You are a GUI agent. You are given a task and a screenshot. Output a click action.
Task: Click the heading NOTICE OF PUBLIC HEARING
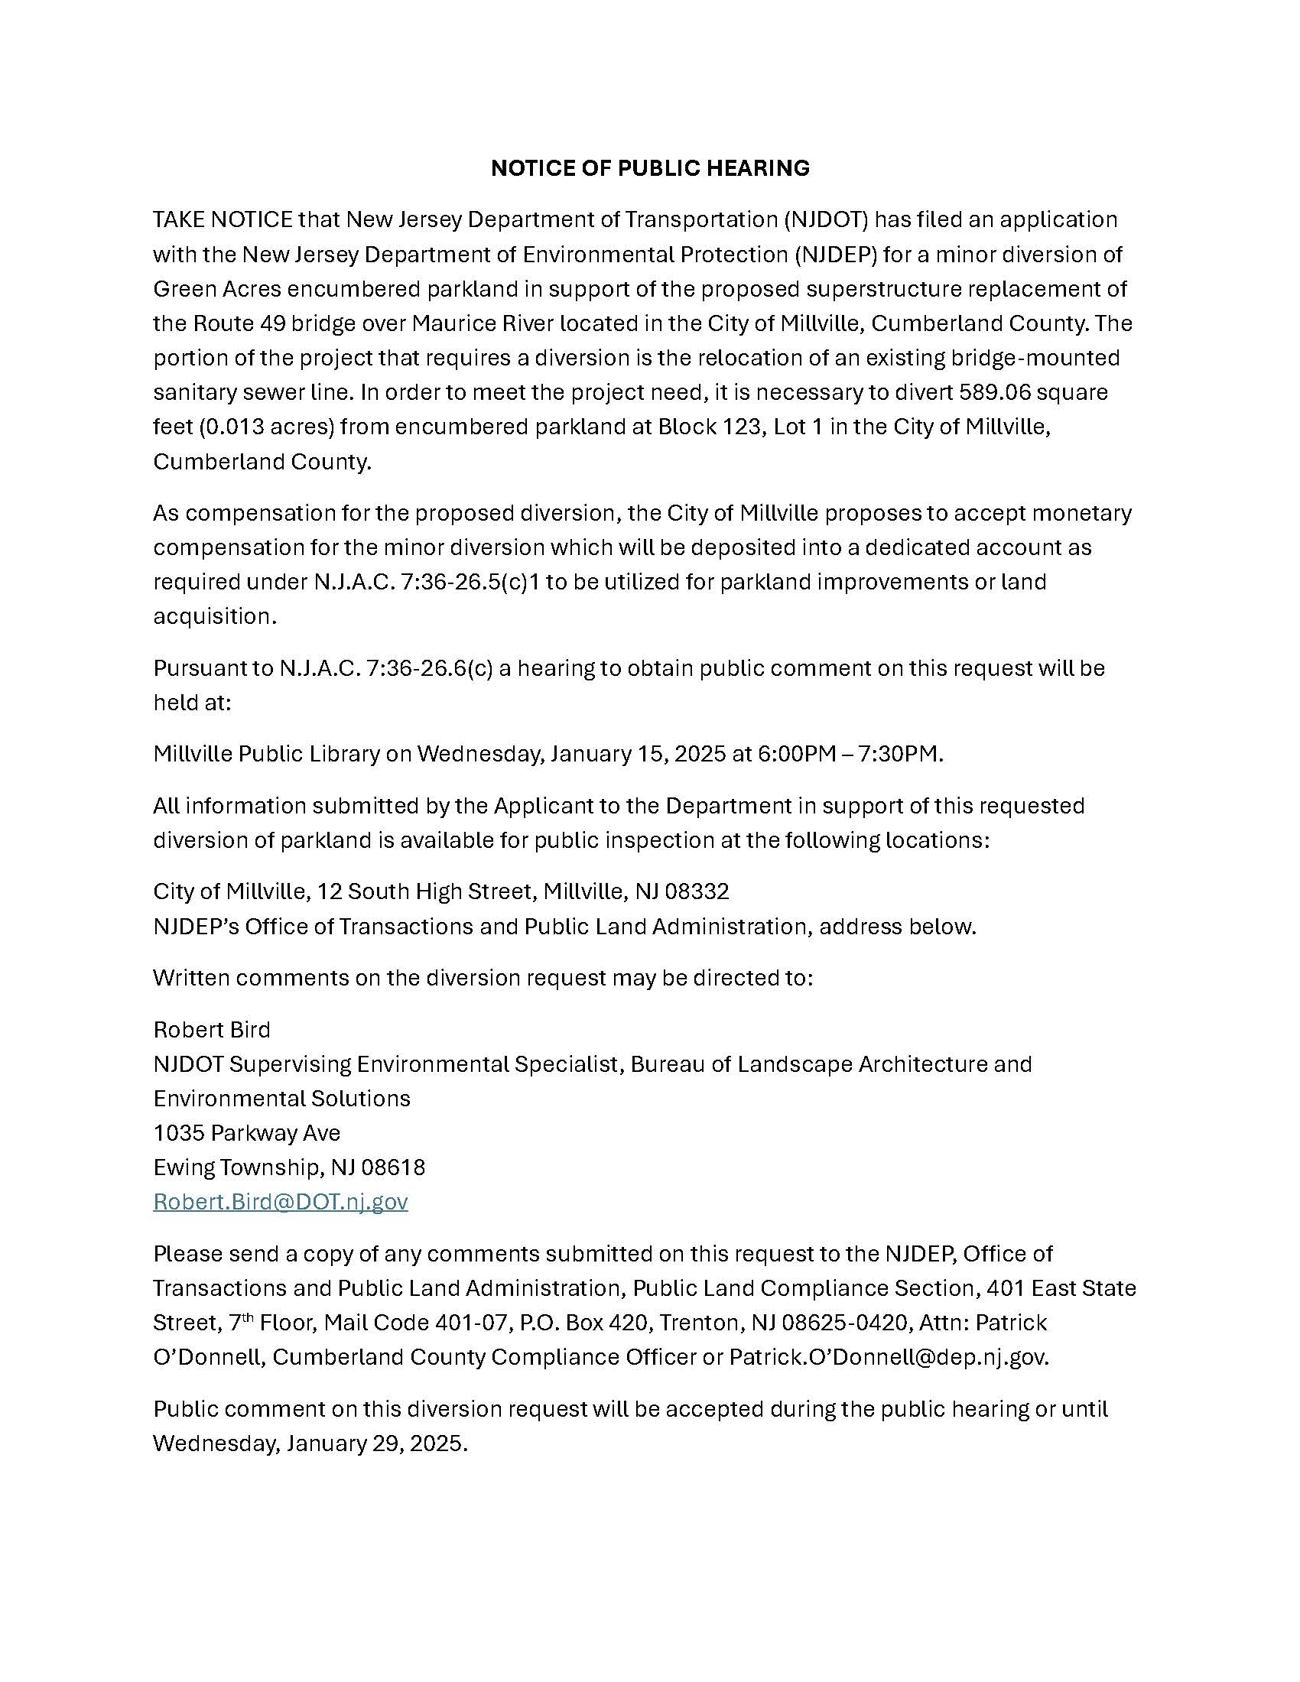(x=650, y=168)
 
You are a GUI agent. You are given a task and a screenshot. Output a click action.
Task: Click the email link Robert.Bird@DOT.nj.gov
(x=281, y=1201)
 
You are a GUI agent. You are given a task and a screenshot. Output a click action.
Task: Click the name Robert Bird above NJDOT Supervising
(x=212, y=1029)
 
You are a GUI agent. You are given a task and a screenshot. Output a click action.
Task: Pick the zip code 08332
(x=697, y=891)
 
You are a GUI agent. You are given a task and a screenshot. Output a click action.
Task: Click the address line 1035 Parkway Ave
(x=246, y=1132)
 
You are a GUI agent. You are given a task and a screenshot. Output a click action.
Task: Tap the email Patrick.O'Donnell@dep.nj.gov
(x=888, y=1356)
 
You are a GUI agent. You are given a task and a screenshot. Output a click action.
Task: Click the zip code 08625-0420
(x=844, y=1323)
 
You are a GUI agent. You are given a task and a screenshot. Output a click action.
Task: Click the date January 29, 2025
(x=376, y=1443)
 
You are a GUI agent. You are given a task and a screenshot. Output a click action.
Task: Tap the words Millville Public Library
(x=266, y=753)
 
